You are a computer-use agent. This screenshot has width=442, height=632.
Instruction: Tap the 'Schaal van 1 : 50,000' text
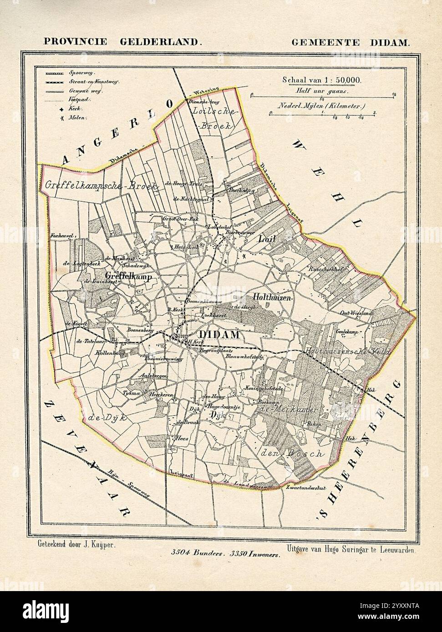point(322,80)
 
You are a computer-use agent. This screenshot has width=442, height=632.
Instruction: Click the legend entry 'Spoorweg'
point(78,72)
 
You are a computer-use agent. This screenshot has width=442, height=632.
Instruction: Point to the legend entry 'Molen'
point(76,117)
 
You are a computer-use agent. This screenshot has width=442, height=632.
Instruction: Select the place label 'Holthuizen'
point(274,296)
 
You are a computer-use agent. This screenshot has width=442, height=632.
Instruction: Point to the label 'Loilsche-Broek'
point(213,118)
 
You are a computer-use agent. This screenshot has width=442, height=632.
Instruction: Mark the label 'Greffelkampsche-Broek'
point(101,186)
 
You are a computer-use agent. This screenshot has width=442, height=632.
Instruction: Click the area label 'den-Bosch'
point(294,453)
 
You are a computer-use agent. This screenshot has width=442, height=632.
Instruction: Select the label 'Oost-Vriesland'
point(356,313)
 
